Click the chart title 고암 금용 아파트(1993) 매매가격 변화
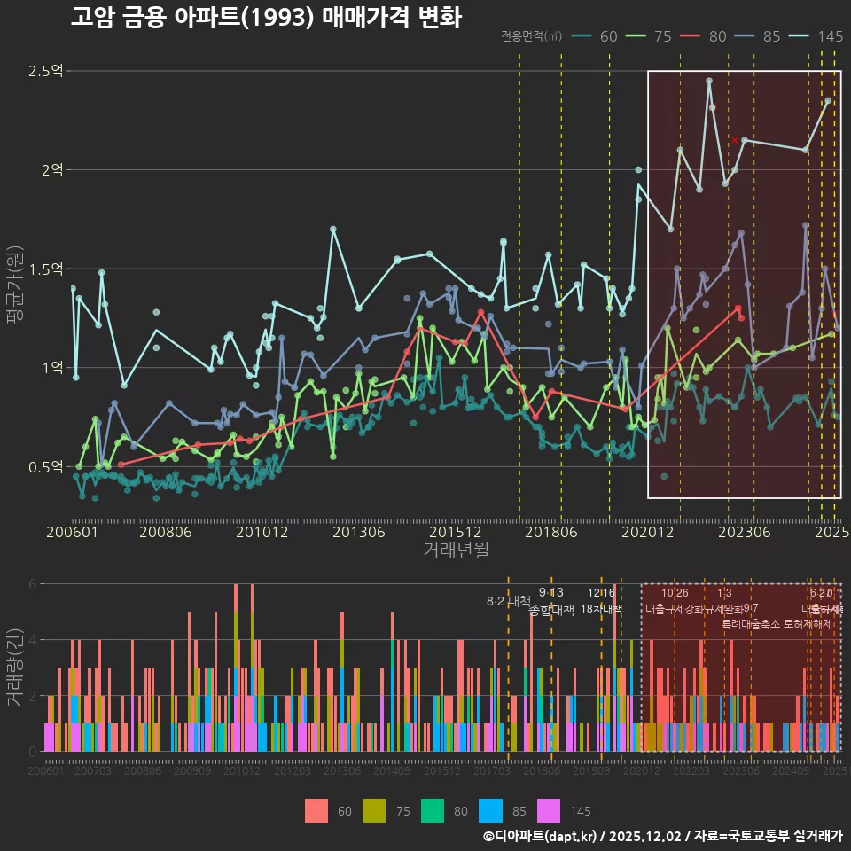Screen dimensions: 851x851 coord(265,18)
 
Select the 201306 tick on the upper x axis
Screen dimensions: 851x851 coord(358,532)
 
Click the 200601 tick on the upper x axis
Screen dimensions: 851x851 coord(72,532)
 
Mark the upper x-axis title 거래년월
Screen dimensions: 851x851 coord(456,550)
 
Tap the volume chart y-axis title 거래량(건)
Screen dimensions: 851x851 coord(15,667)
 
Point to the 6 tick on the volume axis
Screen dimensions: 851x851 coord(33,584)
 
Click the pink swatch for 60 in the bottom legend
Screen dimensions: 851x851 coord(316,810)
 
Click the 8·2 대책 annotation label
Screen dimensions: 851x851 coord(507,601)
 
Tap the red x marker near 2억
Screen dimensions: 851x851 coord(735,140)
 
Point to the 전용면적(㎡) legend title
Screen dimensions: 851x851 coord(531,36)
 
